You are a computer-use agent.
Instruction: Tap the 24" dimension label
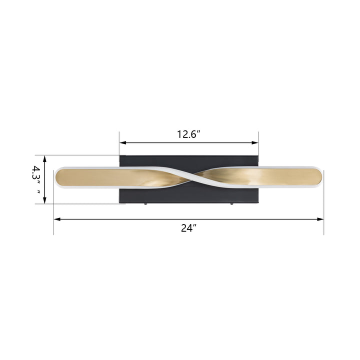point(188,228)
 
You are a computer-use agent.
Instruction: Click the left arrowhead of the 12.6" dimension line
point(123,142)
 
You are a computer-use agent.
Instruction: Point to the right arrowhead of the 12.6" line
point(255,142)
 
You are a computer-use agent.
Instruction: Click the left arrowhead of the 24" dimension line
point(57,219)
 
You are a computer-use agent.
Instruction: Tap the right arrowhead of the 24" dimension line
point(320,219)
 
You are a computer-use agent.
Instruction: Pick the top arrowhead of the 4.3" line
point(45,159)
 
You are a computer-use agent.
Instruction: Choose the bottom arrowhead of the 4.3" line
point(45,200)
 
